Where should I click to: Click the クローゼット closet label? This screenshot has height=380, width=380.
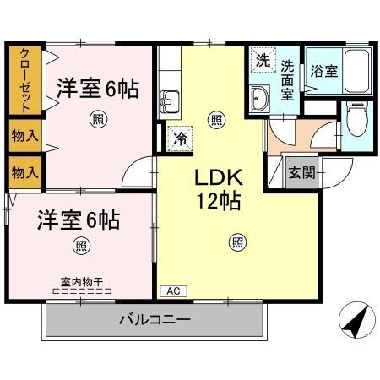click(x=25, y=81)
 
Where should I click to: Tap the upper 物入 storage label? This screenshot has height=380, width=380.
click(x=24, y=135)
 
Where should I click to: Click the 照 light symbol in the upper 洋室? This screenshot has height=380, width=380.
click(x=99, y=119)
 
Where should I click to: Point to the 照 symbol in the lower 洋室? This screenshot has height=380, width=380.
click(x=79, y=247)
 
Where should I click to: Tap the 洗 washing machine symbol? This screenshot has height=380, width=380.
click(x=263, y=62)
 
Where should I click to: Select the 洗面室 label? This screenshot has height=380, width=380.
click(x=288, y=79)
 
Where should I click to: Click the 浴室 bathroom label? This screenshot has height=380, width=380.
click(x=323, y=71)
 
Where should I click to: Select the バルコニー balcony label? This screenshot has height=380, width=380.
click(x=155, y=320)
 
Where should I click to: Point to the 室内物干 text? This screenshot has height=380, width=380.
click(x=81, y=281)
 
